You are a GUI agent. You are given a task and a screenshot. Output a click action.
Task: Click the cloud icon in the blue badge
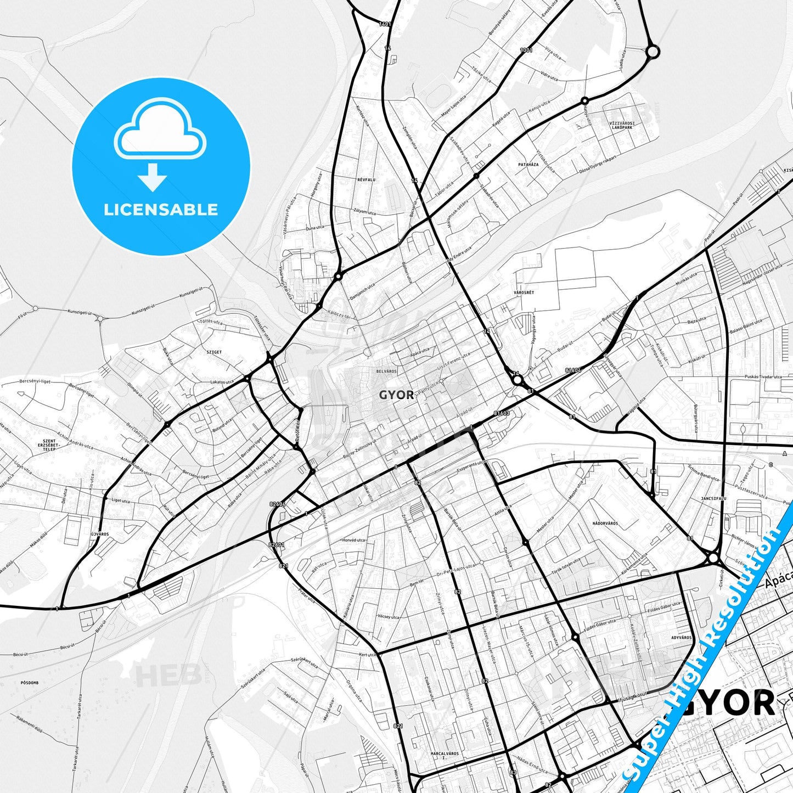(160, 132)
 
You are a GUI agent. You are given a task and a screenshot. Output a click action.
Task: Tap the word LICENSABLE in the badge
(161, 210)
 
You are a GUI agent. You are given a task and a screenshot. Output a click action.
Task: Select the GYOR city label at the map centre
(397, 395)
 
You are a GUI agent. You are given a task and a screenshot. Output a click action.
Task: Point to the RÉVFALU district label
(366, 179)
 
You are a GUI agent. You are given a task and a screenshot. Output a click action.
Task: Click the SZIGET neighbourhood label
(213, 352)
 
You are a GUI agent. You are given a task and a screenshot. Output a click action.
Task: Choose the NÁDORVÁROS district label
(605, 524)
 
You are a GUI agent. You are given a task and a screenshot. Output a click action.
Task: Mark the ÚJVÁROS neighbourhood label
(100, 534)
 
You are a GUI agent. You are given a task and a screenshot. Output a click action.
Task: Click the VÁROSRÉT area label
(524, 293)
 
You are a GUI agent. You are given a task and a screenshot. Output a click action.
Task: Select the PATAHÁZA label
(528, 165)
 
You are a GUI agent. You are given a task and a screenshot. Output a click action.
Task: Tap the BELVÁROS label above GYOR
(386, 372)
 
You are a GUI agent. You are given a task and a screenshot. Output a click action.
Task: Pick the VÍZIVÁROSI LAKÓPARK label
(622, 126)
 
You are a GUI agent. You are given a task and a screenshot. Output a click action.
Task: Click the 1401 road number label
(385, 24)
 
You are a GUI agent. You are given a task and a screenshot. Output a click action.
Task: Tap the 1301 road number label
(526, 50)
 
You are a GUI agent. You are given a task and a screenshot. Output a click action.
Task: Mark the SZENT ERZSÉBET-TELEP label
(49, 445)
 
